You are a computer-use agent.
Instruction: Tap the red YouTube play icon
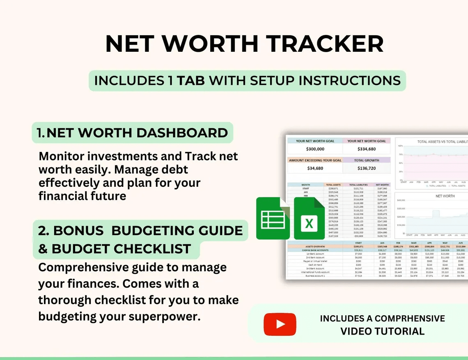coord(280,324)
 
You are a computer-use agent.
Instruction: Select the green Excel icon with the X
coord(309,218)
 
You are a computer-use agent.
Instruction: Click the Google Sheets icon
coord(271,218)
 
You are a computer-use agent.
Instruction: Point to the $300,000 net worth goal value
coord(315,149)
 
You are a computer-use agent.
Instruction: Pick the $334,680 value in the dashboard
coord(367,149)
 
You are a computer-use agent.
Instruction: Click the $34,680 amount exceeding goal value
coord(315,168)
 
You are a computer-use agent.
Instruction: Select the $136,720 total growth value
coord(367,168)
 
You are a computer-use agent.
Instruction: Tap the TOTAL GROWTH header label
coord(367,160)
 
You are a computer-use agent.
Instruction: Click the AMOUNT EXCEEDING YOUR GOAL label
coord(315,160)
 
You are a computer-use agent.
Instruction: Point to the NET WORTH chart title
coord(445,196)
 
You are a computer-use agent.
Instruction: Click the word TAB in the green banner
coord(191,80)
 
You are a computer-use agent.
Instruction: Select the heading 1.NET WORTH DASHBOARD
coord(132,133)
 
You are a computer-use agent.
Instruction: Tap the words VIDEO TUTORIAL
coord(382,331)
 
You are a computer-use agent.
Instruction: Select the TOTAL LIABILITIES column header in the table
coord(358,185)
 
